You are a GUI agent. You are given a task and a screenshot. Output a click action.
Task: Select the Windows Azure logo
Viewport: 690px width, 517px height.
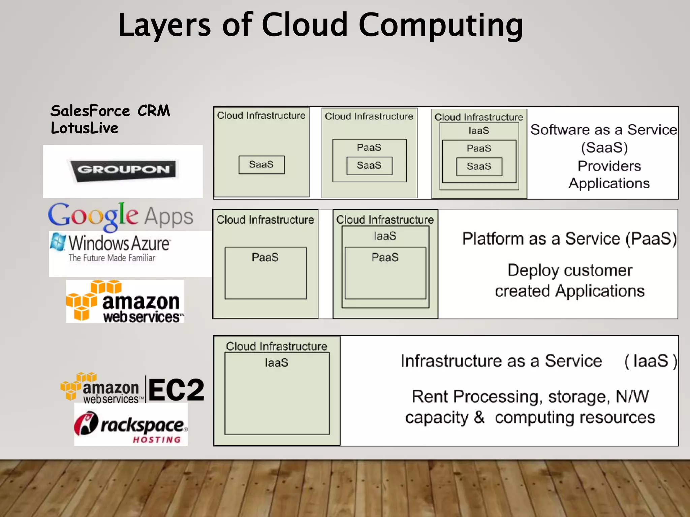(111, 248)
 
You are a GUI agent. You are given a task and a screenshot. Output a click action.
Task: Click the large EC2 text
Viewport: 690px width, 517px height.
(176, 390)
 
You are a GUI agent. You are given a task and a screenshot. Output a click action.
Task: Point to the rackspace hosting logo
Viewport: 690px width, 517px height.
(131, 425)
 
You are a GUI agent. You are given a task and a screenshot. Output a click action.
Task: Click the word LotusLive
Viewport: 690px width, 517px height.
(85, 128)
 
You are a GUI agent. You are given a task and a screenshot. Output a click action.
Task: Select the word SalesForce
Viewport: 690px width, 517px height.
(90, 111)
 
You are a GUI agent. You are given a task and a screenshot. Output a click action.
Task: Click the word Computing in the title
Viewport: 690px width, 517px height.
(441, 26)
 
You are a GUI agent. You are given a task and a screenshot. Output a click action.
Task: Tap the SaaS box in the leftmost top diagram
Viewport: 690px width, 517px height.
(261, 165)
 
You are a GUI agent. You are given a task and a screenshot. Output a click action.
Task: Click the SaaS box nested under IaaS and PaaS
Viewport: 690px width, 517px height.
(479, 166)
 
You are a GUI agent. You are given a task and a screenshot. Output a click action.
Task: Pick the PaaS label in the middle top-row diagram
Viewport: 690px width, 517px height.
(369, 147)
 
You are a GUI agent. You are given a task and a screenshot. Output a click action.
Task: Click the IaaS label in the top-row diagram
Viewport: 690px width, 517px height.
(479, 131)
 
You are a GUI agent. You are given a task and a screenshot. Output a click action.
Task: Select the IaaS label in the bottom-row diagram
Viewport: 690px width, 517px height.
(277, 363)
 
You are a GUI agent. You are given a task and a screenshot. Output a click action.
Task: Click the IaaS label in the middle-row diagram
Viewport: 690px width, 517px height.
(385, 236)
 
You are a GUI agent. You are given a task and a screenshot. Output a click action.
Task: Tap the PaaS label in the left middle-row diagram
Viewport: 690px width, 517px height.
(265, 257)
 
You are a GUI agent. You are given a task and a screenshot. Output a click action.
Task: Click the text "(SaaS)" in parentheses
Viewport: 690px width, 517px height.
(604, 148)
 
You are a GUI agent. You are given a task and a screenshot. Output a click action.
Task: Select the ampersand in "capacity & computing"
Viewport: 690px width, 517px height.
(479, 417)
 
